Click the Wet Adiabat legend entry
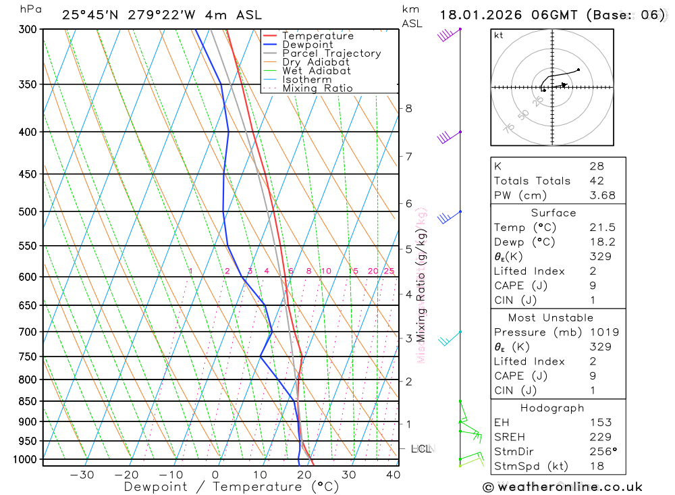316,71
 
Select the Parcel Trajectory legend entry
331,53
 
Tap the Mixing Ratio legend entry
317,88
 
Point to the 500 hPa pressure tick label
28,212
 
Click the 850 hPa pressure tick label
28,401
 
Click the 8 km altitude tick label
408,108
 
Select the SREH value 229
599,437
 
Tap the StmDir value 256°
602,452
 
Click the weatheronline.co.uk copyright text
562,487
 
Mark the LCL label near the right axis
421,448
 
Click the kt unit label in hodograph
499,36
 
